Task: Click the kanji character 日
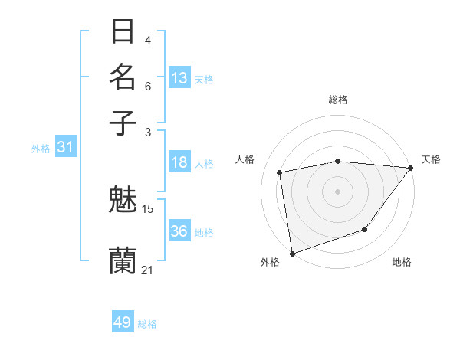point(123,32)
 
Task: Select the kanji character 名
point(123,77)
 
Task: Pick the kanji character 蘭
point(123,260)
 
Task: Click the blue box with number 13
point(179,78)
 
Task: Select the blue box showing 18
point(179,162)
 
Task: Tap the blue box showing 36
point(179,231)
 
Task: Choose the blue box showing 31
point(64,148)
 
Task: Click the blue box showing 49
point(123,322)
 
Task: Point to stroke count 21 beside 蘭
point(148,270)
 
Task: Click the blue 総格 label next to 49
point(147,324)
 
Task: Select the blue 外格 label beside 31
point(41,149)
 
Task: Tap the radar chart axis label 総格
point(338,100)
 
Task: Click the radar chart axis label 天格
point(431,159)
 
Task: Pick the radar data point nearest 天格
point(411,169)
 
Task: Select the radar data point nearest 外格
point(292,253)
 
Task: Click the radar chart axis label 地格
point(402,262)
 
